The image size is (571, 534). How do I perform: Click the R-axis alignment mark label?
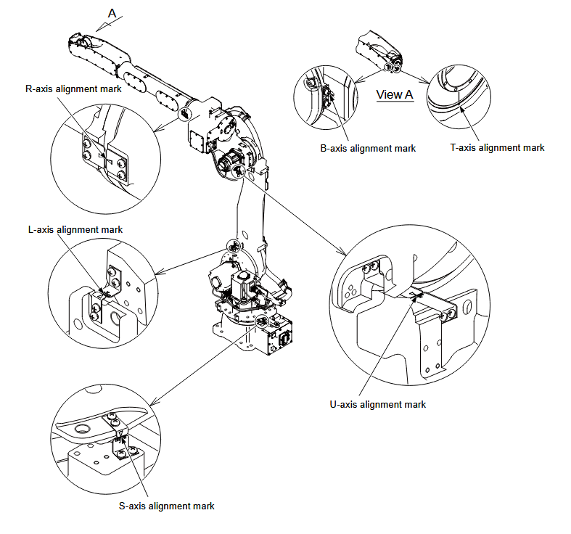click(x=73, y=89)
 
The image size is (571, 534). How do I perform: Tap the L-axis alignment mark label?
click(x=75, y=229)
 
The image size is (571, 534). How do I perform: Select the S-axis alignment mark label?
click(x=166, y=506)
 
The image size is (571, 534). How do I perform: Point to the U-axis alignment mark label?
click(x=378, y=404)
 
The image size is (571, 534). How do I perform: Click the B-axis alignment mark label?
click(x=368, y=148)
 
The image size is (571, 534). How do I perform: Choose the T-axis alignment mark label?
click(x=497, y=147)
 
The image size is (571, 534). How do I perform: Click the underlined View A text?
click(x=395, y=94)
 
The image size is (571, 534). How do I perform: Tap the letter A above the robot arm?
click(x=112, y=12)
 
